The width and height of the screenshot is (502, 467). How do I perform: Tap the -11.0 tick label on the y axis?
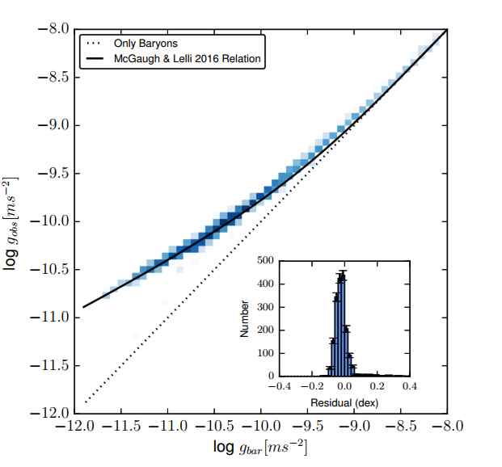click(51, 317)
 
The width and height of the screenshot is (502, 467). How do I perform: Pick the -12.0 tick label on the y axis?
click(51, 413)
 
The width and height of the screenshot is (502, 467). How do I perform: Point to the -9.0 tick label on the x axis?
click(355, 427)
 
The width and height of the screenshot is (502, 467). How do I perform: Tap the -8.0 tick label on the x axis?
click(448, 427)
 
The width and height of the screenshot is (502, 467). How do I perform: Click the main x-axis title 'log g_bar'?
click(260, 447)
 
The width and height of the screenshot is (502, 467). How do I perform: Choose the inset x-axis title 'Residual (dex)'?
click(344, 402)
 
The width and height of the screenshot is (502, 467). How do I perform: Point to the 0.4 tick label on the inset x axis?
click(409, 385)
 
